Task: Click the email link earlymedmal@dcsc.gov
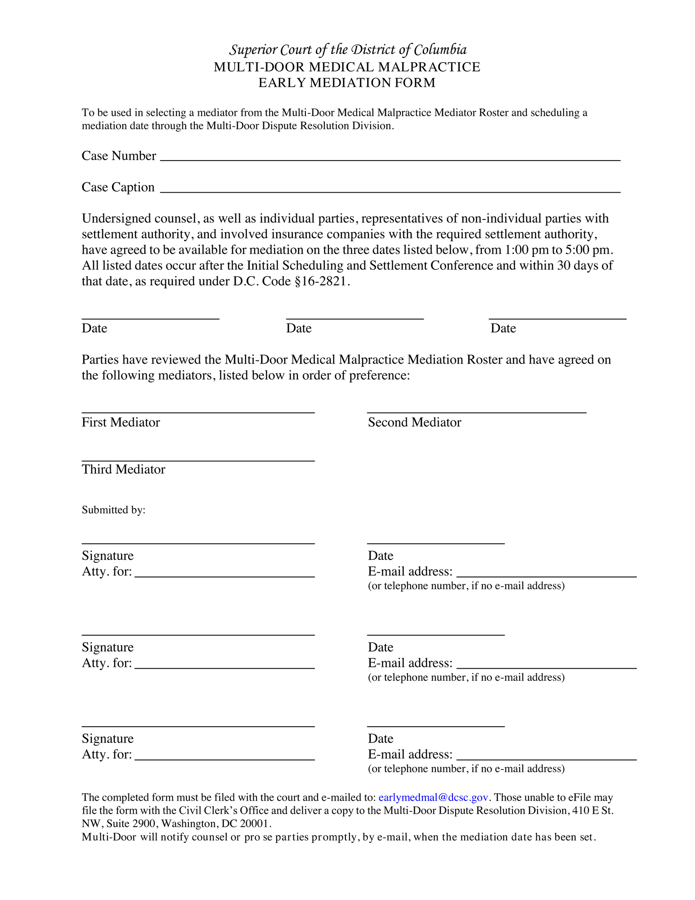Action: click(433, 797)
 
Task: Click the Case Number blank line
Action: click(390, 160)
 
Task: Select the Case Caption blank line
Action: click(390, 192)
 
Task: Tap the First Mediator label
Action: click(121, 422)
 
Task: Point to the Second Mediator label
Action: click(414, 422)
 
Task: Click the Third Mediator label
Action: click(123, 469)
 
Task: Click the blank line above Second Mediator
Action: click(476, 412)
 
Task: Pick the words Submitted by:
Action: click(113, 510)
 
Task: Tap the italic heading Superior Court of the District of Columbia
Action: click(348, 49)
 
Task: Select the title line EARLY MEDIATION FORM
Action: click(347, 83)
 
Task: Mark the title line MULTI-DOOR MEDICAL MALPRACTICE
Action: click(347, 67)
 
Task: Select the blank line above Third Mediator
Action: click(198, 460)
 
